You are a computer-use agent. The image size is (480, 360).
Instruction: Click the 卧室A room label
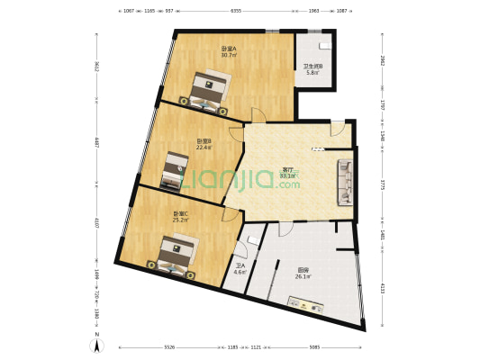229,49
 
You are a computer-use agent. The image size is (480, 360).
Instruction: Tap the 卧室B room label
204,140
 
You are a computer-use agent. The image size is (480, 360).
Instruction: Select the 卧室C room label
180,213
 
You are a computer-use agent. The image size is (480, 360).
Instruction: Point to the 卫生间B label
313,66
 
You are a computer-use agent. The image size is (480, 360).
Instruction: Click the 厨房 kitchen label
303,270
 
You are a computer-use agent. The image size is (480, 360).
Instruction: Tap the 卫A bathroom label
240,265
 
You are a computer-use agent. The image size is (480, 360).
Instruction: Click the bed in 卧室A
209,92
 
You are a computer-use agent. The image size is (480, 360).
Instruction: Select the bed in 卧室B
175,171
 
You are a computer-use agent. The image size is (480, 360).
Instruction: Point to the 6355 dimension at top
236,11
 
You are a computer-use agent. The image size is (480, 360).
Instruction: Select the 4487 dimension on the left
95,142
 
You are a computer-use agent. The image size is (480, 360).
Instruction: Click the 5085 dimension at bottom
313,346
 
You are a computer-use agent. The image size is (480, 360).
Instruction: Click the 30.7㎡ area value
229,56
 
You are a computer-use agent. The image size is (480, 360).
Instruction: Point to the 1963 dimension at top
313,11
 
